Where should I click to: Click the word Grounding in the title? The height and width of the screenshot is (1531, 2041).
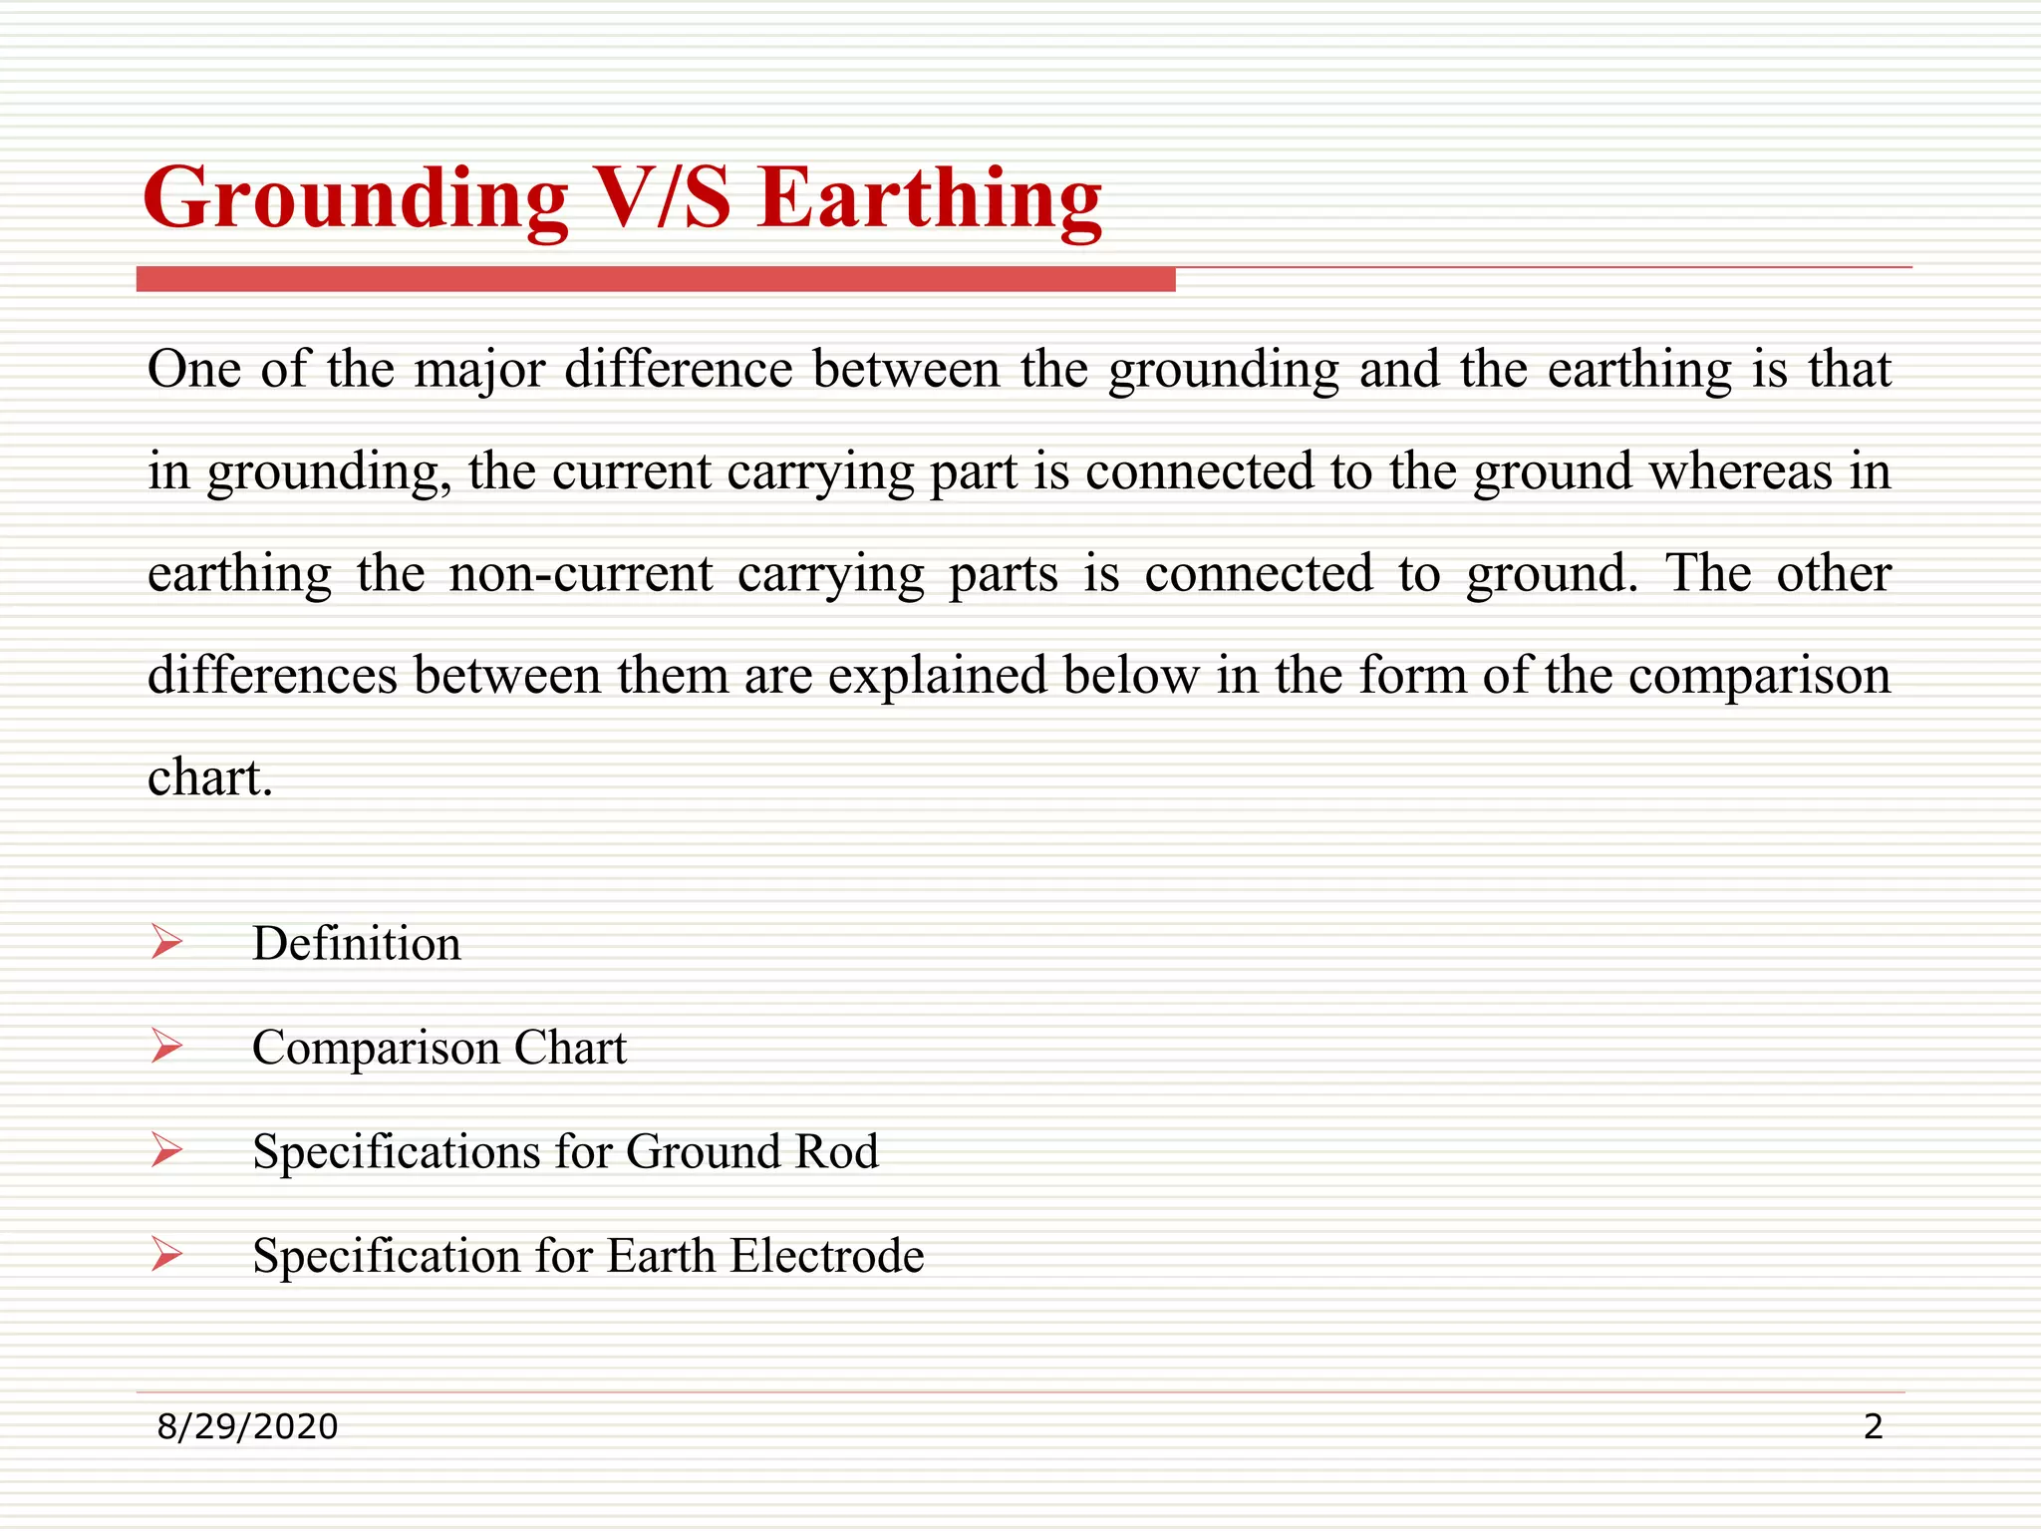[356, 199]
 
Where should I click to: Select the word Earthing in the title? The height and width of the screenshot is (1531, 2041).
[929, 199]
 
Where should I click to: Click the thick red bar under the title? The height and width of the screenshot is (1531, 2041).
[656, 280]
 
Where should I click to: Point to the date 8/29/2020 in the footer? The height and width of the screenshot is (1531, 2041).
[247, 1427]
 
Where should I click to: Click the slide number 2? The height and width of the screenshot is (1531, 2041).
[1873, 1427]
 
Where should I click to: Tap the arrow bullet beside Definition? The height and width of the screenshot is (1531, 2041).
[166, 942]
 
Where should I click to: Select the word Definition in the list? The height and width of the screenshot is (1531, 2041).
[356, 943]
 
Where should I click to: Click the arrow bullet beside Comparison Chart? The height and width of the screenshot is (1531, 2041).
[166, 1047]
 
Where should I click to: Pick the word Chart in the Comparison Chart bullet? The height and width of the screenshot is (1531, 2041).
[570, 1048]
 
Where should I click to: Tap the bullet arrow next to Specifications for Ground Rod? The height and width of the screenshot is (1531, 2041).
[166, 1150]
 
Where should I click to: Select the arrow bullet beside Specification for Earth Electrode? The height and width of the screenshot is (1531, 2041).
[166, 1254]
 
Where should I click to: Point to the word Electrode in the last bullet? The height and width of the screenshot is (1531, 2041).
[826, 1255]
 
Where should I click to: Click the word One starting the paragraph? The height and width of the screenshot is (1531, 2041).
[193, 370]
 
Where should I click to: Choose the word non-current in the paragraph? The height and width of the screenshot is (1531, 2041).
[580, 574]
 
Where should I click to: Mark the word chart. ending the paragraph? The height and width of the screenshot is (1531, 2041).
[209, 777]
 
